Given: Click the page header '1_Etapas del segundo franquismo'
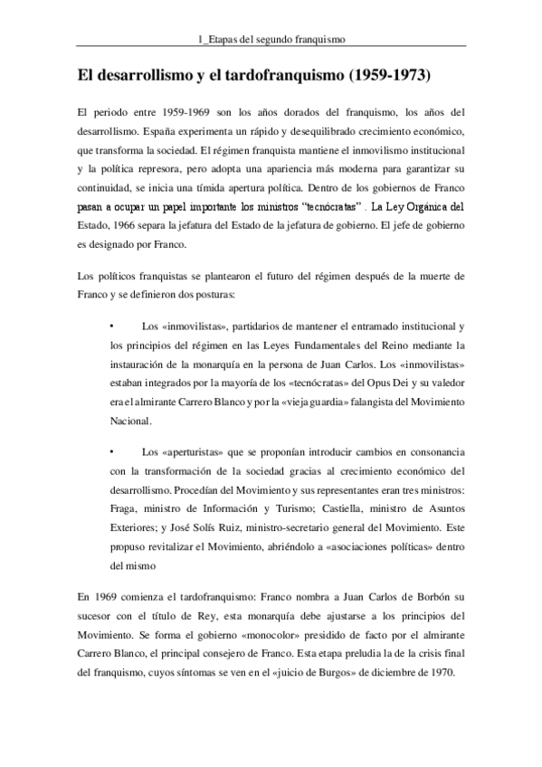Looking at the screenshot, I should pos(271,39).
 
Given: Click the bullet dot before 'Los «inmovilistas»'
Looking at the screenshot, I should pos(109,327).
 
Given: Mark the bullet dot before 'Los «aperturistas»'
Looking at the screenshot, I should pos(109,450).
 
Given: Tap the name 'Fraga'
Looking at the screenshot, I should pos(122,507).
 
